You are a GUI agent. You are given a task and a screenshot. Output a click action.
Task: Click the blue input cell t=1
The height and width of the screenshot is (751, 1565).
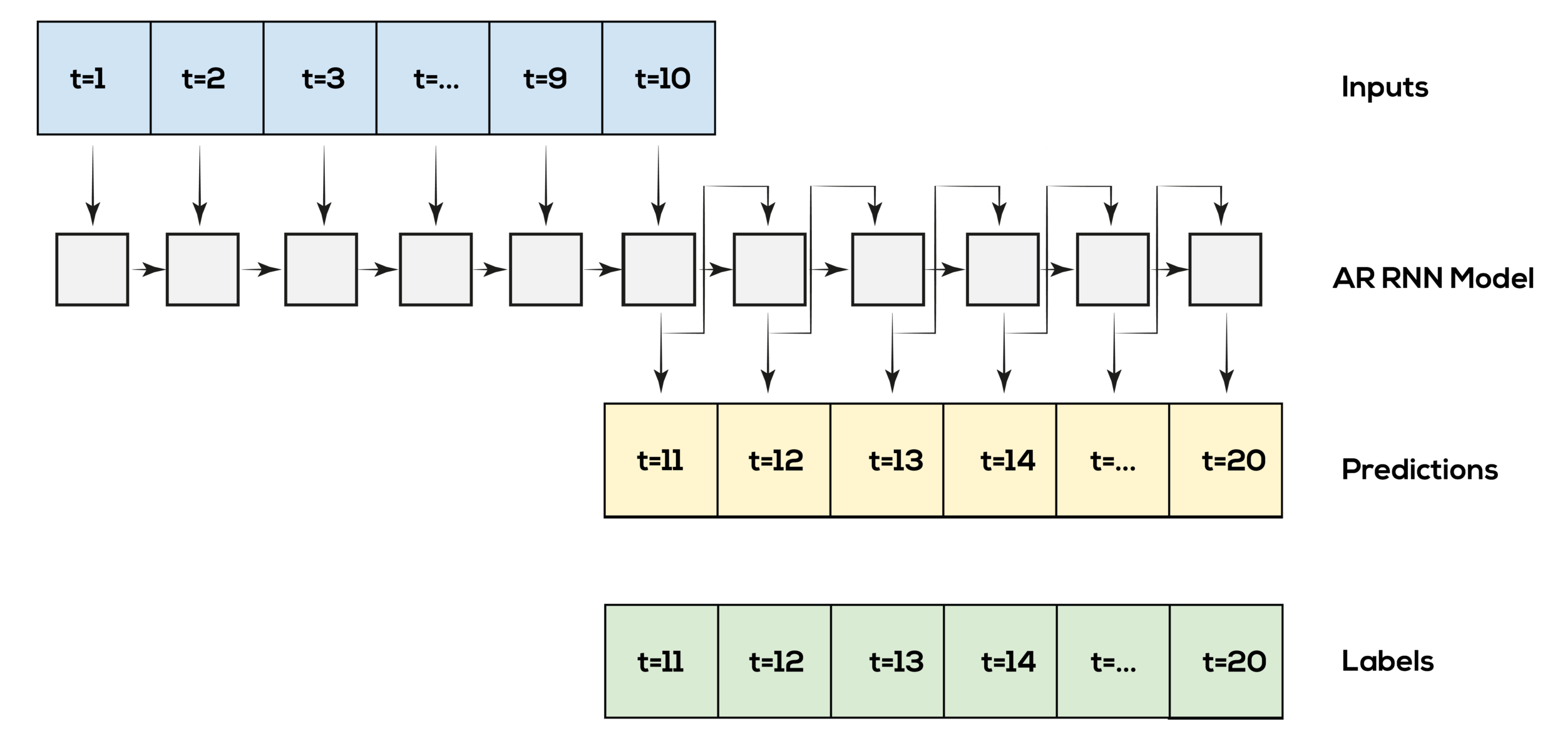point(94,78)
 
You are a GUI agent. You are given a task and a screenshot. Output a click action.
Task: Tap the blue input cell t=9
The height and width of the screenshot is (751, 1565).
point(545,78)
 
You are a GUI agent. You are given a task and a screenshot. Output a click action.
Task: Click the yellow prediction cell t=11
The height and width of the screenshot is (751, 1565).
point(660,460)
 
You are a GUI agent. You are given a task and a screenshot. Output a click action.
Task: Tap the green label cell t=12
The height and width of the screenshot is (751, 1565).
point(774,661)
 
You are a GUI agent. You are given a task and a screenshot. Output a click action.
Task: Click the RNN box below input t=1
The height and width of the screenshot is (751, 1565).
point(92,269)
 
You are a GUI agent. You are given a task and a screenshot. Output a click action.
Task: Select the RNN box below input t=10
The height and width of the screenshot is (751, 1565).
point(659,269)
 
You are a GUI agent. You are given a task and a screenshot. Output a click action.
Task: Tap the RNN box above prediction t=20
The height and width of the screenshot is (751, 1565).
point(1225,269)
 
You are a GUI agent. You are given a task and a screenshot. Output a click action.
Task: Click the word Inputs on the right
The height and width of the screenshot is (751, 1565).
point(1387,88)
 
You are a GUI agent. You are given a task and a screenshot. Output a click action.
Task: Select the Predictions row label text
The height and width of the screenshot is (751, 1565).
point(1421,469)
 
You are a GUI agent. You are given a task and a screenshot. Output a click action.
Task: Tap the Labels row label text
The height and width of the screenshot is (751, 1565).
point(1390,662)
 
